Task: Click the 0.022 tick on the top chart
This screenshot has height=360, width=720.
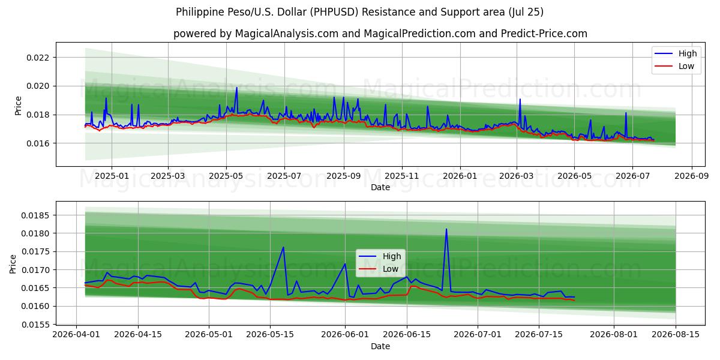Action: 38,58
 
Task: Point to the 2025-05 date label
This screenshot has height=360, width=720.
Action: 226,176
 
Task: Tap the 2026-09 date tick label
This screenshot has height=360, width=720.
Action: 691,176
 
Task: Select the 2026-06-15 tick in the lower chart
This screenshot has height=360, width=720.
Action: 407,335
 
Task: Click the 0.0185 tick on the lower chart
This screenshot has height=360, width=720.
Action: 35,215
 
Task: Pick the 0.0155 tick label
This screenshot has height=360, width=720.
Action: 35,325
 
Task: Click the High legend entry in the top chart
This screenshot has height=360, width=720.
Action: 676,53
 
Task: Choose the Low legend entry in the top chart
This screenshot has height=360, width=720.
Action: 674,66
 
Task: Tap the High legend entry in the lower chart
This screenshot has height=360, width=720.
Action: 380,256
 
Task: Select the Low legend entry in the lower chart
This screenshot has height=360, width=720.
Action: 379,269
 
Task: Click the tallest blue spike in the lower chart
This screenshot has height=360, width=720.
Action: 446,229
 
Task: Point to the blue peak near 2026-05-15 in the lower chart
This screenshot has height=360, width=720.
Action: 283,247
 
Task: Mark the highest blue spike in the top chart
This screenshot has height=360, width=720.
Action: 237,88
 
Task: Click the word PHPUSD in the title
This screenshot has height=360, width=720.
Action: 334,12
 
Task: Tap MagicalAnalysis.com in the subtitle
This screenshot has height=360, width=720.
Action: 287,34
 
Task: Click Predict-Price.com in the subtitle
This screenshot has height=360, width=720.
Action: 544,34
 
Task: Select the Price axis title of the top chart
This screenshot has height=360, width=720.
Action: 18,106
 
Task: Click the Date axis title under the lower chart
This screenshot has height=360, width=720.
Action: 380,347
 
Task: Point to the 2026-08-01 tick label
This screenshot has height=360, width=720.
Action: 614,335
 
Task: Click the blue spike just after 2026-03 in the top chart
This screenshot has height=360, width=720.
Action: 520,100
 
